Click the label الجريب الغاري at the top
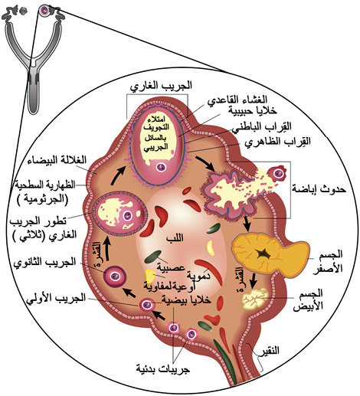coord(161,86)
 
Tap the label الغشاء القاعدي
coord(237,100)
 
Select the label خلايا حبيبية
coord(252,110)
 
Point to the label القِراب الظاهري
coord(277,142)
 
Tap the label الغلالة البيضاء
coord(57,160)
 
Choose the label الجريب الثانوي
coord(44,262)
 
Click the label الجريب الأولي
coord(56,298)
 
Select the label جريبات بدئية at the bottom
coord(163,368)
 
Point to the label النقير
coord(270,350)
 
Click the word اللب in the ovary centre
coord(175,238)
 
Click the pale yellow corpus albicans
coord(254,298)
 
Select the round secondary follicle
coord(115,276)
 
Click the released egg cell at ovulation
coord(277,173)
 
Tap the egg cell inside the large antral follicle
coord(162,168)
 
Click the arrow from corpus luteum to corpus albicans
coord(253,280)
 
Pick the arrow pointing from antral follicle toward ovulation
coord(205,163)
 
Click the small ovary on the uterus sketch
coord(44,10)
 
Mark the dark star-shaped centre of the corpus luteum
coord(263,254)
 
